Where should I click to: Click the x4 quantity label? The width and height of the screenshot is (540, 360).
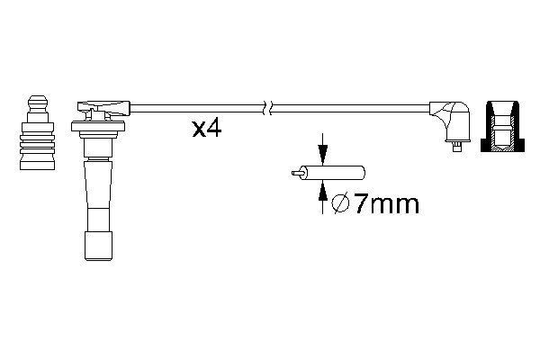coord(206,129)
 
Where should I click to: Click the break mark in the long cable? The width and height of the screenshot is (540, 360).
coord(265,108)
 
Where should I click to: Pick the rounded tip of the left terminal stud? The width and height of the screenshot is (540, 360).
coord(37,98)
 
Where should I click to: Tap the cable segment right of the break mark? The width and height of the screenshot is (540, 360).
coord(351,108)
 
